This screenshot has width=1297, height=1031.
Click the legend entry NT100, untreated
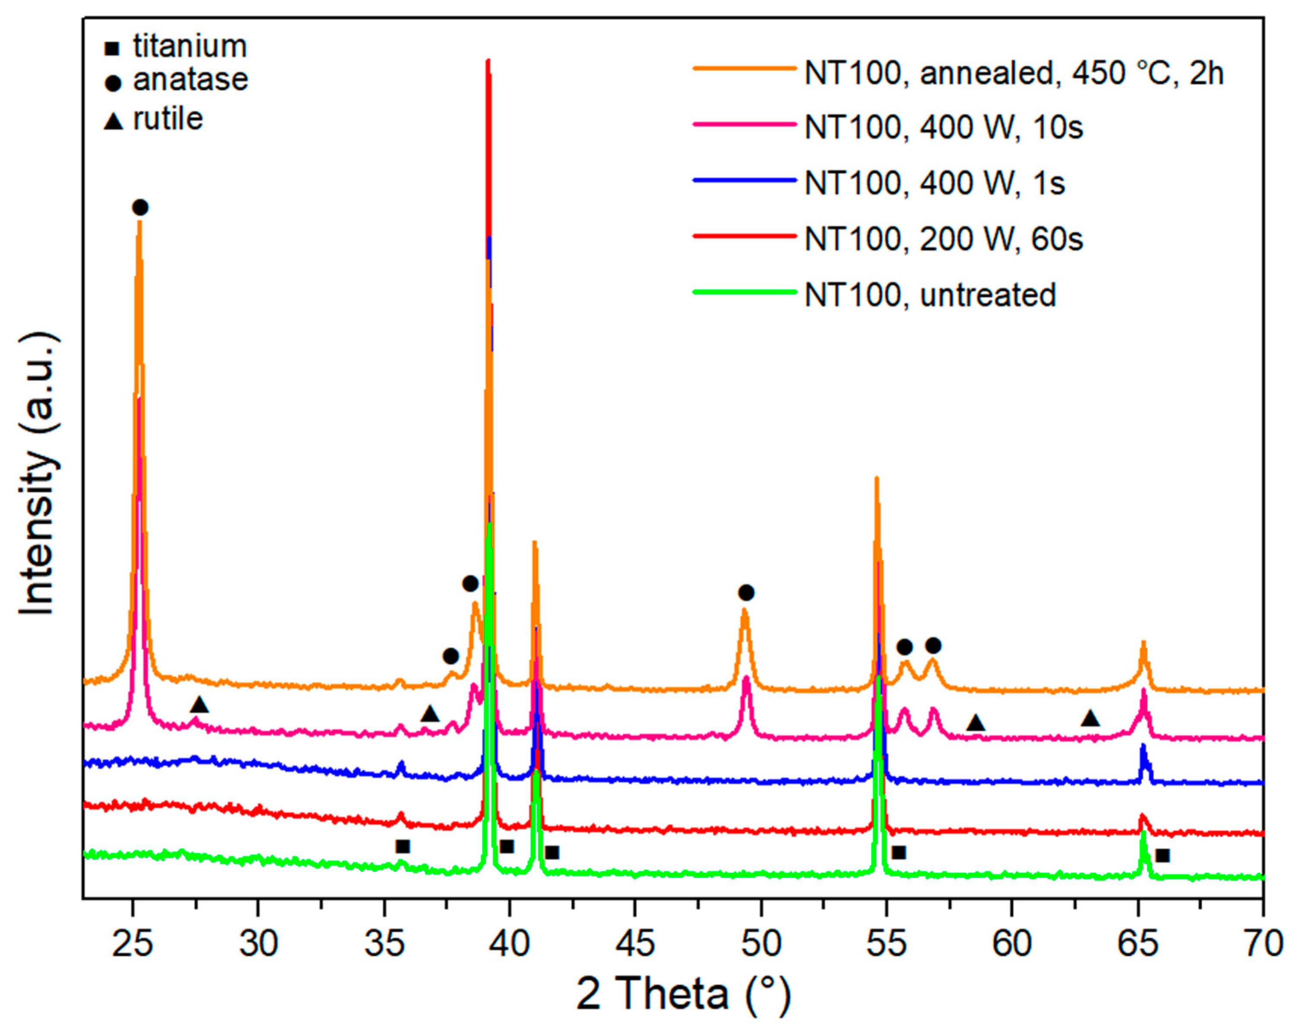coord(930,295)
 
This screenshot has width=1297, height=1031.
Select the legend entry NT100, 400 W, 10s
coord(943,128)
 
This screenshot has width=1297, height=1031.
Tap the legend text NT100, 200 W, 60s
coord(943,239)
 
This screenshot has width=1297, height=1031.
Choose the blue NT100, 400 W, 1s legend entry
coord(934,183)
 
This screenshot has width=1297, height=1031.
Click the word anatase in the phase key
coord(190,80)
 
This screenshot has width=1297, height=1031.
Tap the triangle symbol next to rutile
coord(113,120)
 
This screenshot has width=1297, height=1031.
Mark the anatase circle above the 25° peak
coord(140,208)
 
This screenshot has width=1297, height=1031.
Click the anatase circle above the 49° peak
coord(746,593)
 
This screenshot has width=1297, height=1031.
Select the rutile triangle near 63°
coord(1090,718)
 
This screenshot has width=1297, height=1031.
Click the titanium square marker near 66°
coord(1162,855)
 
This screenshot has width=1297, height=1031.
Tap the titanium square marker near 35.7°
coord(402,847)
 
